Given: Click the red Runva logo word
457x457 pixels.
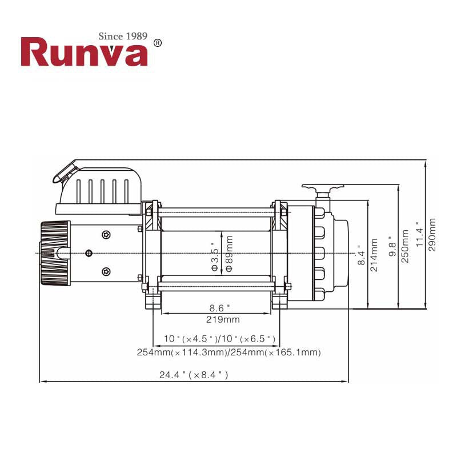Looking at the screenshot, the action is coord(84,52).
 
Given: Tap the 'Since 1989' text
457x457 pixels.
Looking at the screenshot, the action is coord(123,36).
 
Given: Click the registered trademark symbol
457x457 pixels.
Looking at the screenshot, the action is coord(158,43).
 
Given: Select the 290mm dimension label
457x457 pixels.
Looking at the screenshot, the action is coord(432,235).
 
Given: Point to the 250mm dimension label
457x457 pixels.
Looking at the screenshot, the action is coord(405,246).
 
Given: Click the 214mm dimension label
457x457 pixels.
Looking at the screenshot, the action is coord(374,255).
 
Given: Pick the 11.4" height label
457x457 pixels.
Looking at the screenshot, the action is coord(419,235).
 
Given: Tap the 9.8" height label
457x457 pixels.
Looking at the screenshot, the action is coord(392,247).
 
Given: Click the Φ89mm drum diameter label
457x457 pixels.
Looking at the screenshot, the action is coord(230,254).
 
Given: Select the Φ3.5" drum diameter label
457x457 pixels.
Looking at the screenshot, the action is coord(215,256).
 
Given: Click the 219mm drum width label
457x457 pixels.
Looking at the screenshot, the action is coord(223,319).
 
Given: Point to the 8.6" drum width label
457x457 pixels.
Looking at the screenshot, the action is coord(219,308).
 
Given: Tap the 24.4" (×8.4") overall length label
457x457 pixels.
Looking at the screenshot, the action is coord(194,375).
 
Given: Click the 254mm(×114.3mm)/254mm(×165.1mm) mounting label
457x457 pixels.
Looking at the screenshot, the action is coord(229,352).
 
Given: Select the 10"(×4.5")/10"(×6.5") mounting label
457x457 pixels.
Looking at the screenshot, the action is coord(219,339).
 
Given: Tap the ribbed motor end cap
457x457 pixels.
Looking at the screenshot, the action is coord(55,253).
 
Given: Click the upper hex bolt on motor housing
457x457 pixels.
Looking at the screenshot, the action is coord(106,235).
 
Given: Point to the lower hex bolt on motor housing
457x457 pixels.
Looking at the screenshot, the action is coord(106,272).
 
